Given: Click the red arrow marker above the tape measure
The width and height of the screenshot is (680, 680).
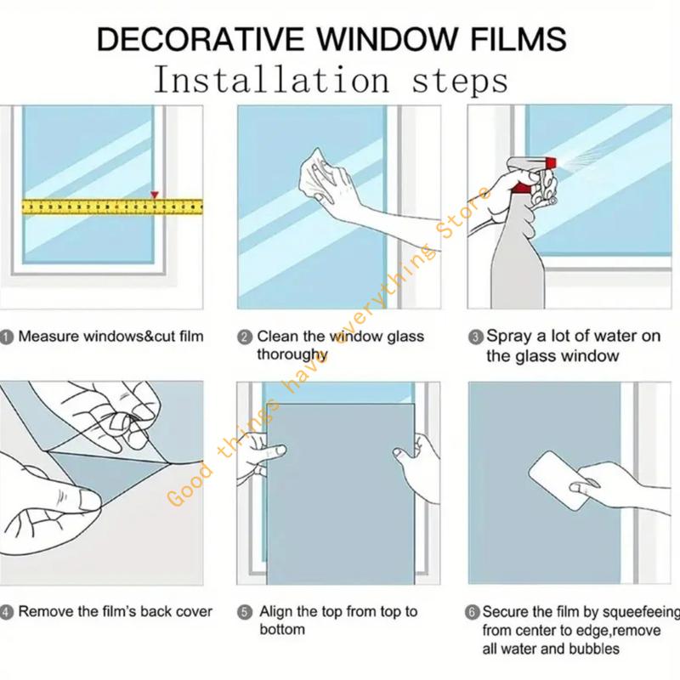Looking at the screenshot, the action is click(x=155, y=195).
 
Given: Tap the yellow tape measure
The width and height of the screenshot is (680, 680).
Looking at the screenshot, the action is click(x=112, y=207).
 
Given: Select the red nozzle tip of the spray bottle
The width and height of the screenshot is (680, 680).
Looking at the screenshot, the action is click(x=551, y=163).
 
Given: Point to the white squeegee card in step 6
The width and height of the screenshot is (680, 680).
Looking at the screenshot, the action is click(x=559, y=480).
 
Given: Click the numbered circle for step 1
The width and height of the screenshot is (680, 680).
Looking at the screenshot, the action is click(x=7, y=337).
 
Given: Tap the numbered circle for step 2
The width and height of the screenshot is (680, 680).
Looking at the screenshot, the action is click(x=245, y=337).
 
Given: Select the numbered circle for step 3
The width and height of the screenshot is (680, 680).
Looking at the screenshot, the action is click(x=476, y=337).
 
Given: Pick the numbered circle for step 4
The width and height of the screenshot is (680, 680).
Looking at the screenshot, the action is click(x=6, y=612).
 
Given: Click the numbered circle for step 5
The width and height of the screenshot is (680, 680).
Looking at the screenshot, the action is click(x=245, y=612).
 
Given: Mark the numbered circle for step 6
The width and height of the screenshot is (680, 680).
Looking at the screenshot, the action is click(x=473, y=612).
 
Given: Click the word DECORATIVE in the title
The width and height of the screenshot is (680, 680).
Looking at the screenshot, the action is click(x=200, y=39).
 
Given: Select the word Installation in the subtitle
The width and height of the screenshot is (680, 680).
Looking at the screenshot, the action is click(x=272, y=79).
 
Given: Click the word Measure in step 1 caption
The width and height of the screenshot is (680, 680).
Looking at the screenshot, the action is click(x=48, y=336).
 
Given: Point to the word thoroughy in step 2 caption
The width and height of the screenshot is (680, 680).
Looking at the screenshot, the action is click(x=292, y=354).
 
